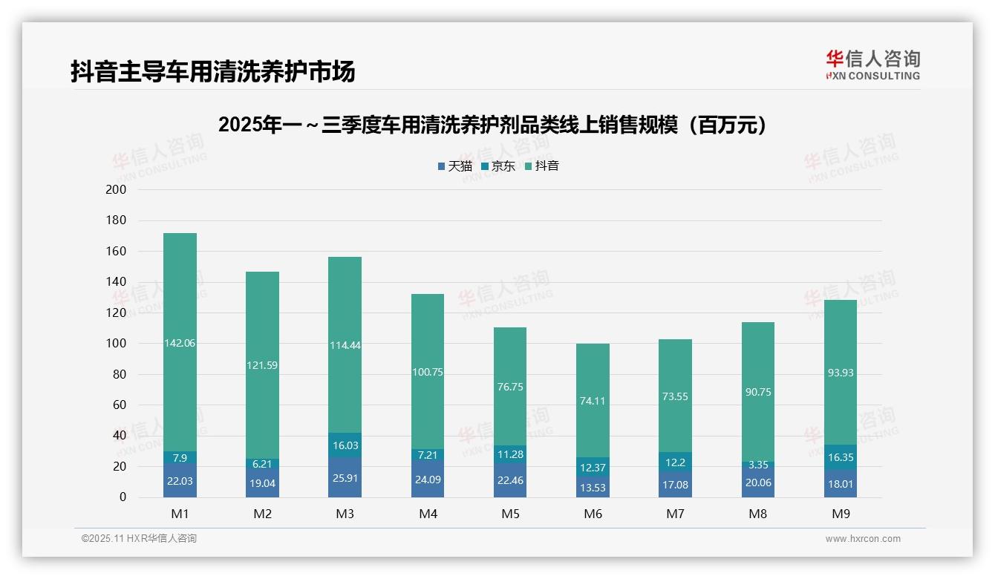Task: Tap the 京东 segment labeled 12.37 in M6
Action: pyautogui.click(x=593, y=467)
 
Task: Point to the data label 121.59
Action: pyautogui.click(x=262, y=365)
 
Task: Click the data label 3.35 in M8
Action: pyautogui.click(x=758, y=465)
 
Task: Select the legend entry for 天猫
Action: pyautogui.click(x=455, y=166)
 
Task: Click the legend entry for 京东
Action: pyautogui.click(x=498, y=166)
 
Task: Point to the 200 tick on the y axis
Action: pyautogui.click(x=117, y=190)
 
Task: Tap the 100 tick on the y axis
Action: pyautogui.click(x=117, y=344)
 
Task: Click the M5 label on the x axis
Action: pyautogui.click(x=510, y=514)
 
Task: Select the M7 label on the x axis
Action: pyautogui.click(x=676, y=514)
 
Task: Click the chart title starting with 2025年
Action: pyautogui.click(x=492, y=125)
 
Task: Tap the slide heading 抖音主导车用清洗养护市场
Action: pyautogui.click(x=212, y=71)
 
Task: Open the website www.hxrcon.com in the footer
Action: pyautogui.click(x=863, y=539)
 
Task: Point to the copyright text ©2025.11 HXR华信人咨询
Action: pyautogui.click(x=139, y=539)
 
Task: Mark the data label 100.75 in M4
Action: pyautogui.click(x=428, y=372)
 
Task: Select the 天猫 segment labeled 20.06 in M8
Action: pyautogui.click(x=758, y=482)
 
